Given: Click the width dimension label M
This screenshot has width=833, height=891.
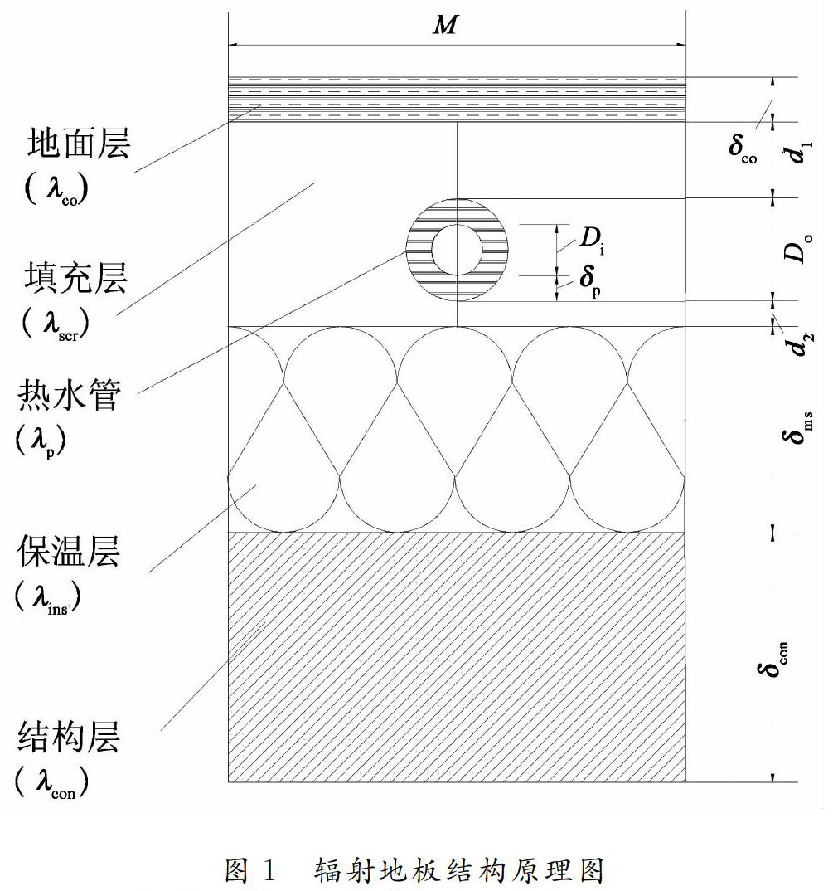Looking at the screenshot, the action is (445, 24).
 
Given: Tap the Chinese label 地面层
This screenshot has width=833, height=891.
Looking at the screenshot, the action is (79, 143).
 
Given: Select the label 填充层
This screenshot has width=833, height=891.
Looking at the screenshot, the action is (75, 278).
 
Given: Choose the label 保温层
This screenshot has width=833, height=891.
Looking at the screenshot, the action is (68, 551).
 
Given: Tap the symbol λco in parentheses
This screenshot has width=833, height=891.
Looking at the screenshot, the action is (57, 190).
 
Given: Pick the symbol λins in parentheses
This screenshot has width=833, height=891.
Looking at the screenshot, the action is (48, 597).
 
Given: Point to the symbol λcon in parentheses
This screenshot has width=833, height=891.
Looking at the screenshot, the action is (52, 783).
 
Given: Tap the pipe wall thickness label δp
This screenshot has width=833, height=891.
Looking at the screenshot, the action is (590, 280).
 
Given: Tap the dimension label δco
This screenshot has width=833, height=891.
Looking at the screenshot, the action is (743, 148).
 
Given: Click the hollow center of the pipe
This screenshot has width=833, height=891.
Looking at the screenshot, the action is (457, 250).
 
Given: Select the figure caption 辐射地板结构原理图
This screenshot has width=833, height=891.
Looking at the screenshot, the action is (458, 870).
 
